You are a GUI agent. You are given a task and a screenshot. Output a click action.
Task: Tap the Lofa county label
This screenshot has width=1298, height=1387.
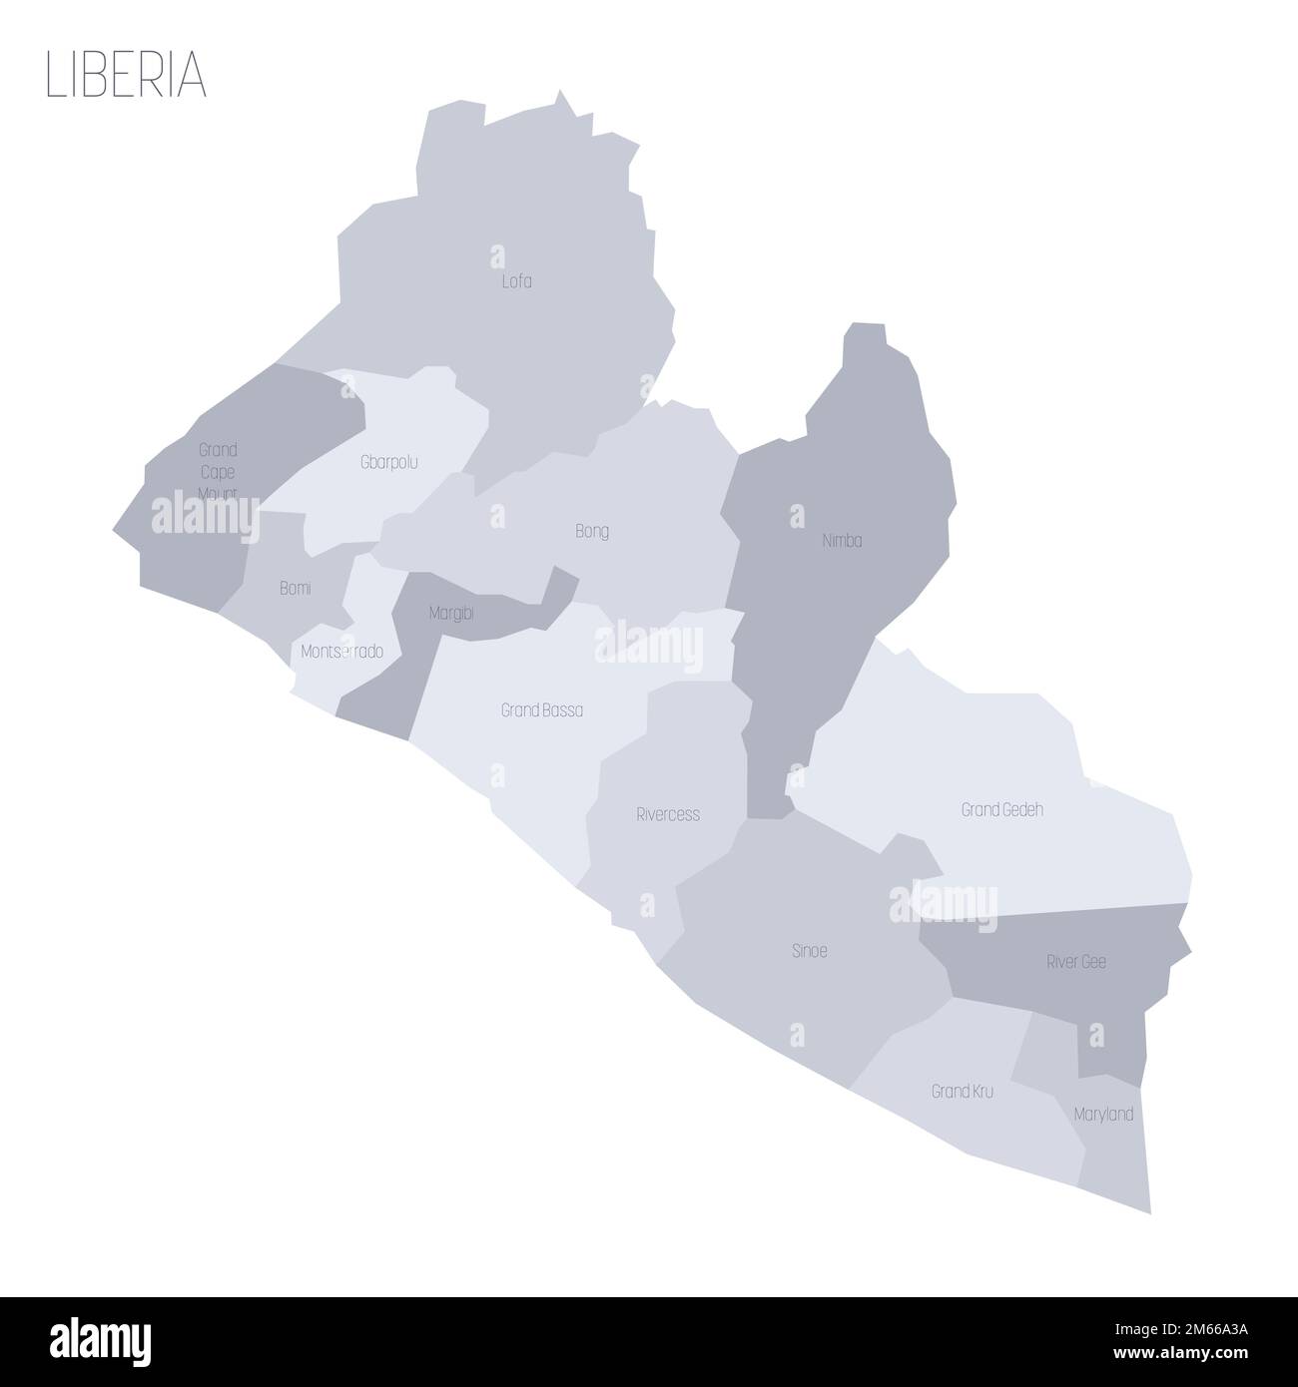point(516,281)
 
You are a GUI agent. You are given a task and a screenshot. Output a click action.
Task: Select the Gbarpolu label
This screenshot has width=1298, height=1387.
point(388,462)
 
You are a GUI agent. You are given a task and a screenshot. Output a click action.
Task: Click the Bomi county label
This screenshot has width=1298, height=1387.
point(295,589)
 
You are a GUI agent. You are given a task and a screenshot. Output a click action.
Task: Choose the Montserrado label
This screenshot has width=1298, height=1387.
point(341,652)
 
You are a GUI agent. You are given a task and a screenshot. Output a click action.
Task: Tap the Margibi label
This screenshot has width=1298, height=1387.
point(450,615)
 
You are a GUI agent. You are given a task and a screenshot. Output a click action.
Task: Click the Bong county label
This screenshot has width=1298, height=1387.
point(592,531)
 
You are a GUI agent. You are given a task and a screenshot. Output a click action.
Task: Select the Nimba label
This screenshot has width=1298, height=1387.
point(842,541)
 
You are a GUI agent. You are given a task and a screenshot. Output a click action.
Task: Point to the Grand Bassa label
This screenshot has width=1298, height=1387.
point(542,710)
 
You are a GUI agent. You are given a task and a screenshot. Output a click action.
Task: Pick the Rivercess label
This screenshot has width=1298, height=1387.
point(668,814)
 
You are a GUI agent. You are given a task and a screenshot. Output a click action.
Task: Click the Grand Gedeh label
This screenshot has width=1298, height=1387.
point(1001,809)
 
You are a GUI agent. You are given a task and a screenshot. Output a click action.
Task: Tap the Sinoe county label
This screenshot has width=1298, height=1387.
point(809,951)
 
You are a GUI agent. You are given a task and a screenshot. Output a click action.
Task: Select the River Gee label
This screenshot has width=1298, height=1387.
point(1075,962)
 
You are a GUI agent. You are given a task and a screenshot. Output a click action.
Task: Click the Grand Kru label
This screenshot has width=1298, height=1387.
point(963,1092)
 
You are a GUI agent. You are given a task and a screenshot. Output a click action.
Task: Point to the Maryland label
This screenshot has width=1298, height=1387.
point(1103,1114)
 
